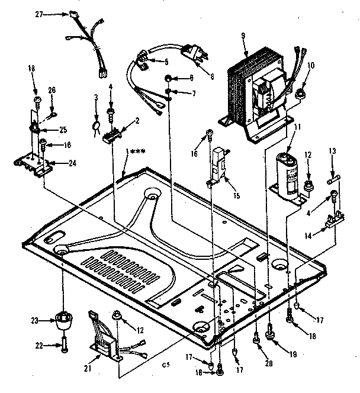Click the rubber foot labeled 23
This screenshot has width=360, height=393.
[62, 321]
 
